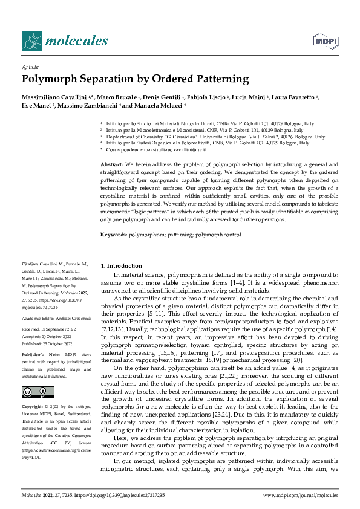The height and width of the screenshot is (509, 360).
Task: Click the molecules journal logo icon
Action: coord(32,41)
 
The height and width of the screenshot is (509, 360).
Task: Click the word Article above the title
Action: coord(30,67)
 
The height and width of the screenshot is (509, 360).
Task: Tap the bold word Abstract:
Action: coord(112,164)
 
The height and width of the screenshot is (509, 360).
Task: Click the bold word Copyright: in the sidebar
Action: coord(33,407)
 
